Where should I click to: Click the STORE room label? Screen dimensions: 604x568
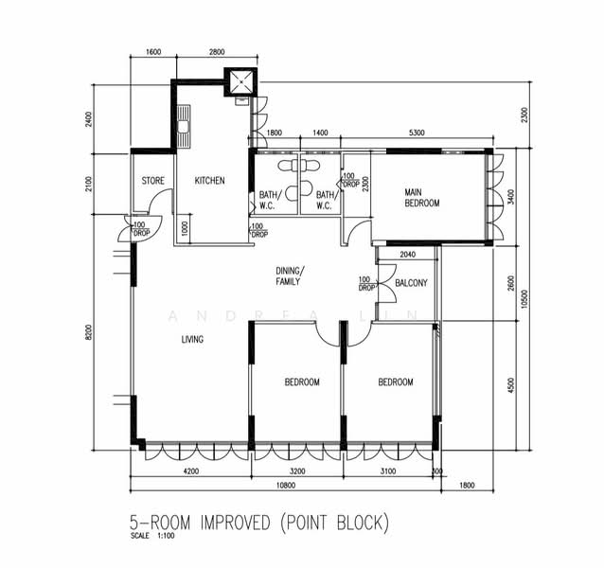point(153,181)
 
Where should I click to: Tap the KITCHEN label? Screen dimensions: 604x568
point(209,181)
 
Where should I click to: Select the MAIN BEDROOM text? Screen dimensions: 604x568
point(422,198)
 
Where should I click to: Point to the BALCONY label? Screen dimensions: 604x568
point(412,283)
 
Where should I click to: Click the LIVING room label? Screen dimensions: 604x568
point(192,339)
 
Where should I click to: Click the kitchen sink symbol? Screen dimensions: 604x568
point(184,126)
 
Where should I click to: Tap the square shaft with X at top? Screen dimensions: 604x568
point(241,82)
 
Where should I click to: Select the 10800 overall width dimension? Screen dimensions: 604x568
point(286,486)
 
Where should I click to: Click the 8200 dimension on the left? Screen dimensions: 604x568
point(89,332)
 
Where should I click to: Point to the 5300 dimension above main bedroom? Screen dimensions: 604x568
point(417,133)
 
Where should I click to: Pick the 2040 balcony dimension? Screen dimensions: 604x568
point(407,255)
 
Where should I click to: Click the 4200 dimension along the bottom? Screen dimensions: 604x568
point(190,471)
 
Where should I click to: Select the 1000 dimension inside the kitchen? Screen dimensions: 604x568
point(185,229)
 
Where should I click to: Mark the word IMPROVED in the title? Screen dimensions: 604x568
point(235,523)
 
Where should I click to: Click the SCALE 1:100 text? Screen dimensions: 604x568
point(152,535)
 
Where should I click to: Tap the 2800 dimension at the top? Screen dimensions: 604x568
point(217,52)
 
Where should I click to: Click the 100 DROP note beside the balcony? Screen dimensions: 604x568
point(365,284)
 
